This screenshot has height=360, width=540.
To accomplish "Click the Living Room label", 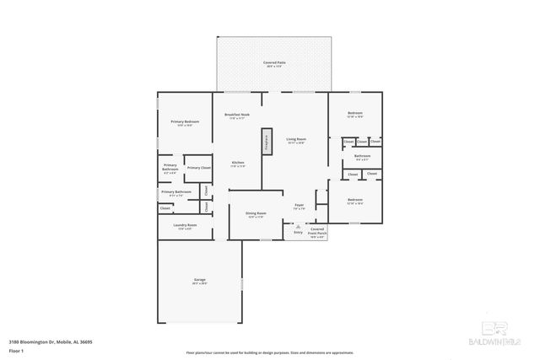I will (295, 138).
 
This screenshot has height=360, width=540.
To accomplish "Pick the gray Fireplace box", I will (267, 142).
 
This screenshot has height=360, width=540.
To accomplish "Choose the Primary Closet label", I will (198, 168).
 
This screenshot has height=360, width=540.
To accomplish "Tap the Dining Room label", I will (256, 213).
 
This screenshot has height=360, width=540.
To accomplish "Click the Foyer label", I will (299, 204).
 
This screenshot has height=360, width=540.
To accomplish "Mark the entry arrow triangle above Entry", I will (297, 226).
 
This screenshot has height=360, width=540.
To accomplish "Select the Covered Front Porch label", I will (316, 231).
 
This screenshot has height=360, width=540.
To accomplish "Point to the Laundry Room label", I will (185, 225).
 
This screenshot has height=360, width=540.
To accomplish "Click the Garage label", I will (199, 280).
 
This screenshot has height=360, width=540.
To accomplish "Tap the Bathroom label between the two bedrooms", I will (362, 156).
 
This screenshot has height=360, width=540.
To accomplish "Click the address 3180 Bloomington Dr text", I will (50, 342).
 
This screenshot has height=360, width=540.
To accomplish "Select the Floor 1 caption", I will (16, 350).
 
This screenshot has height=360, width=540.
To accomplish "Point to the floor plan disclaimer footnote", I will (270, 352).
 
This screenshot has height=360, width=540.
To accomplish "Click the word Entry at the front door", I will (298, 231).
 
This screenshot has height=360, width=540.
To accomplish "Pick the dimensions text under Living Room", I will (295, 142).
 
